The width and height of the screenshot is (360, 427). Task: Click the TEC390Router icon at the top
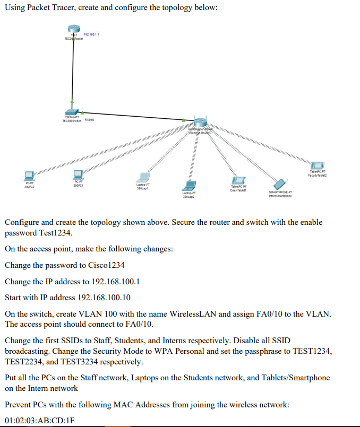(72, 31)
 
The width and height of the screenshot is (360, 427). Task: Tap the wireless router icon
(200, 123)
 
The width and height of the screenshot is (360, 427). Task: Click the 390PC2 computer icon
(29, 175)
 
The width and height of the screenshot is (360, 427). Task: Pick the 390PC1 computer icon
(78, 173)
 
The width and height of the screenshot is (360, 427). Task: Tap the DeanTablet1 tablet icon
(238, 180)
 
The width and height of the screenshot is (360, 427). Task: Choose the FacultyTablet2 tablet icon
(318, 166)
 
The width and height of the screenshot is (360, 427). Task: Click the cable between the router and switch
(72, 72)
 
